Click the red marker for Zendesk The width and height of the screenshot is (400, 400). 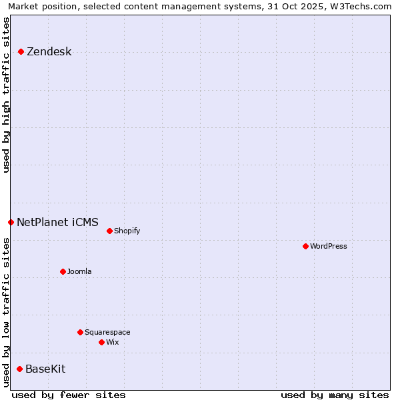coord(21,51)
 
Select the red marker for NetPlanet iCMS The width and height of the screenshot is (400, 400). coord(11,222)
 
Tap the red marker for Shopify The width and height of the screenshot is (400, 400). coord(109,231)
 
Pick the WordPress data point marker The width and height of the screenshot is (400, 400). coord(305,246)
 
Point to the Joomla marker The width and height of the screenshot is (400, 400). coord(63,271)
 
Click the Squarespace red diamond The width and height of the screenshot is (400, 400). coord(80,332)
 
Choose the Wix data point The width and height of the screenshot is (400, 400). coord(101,342)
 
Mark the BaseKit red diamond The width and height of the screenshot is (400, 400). coord(19,369)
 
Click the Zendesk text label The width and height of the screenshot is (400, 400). coord(49,52)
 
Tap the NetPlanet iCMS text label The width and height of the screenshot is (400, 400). coord(57,222)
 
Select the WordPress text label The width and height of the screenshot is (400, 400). coord(328,246)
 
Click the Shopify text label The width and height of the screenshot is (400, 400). coord(127,231)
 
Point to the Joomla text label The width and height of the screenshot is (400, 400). coord(79,271)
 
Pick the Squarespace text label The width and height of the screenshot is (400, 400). coord(107,332)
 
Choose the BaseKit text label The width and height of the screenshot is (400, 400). coord(45,369)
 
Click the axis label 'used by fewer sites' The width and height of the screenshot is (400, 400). coord(69,395)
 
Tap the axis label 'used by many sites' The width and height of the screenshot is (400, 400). coord(335,395)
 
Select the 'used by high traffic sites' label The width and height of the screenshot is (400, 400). coord(7,95)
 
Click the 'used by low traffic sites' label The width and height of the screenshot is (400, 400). coord(7,312)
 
